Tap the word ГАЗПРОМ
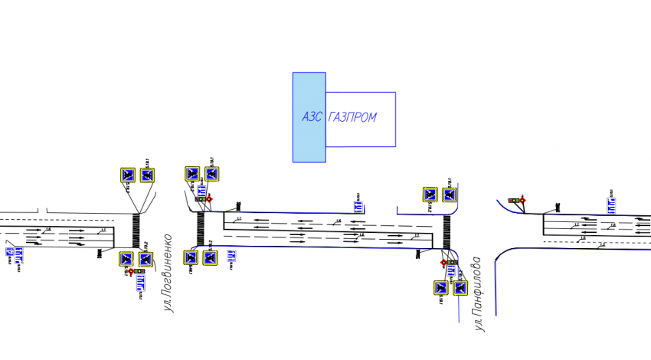coord(352,117)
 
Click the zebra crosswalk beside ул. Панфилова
coord(447,231)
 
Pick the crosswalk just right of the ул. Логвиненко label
coord(201,229)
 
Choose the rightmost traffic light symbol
coord(513,201)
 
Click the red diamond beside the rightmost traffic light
coord(522,201)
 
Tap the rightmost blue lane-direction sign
coord(613,205)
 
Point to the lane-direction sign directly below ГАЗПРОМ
coord(358,203)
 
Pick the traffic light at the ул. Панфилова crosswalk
coord(453,263)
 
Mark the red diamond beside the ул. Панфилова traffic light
coord(443,263)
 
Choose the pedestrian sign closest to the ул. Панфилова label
coord(460,288)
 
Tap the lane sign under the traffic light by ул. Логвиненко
coord(140,285)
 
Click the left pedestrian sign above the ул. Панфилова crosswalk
coord(430,195)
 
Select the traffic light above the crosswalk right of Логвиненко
coord(199,199)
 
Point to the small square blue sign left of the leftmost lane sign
coord(8,251)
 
